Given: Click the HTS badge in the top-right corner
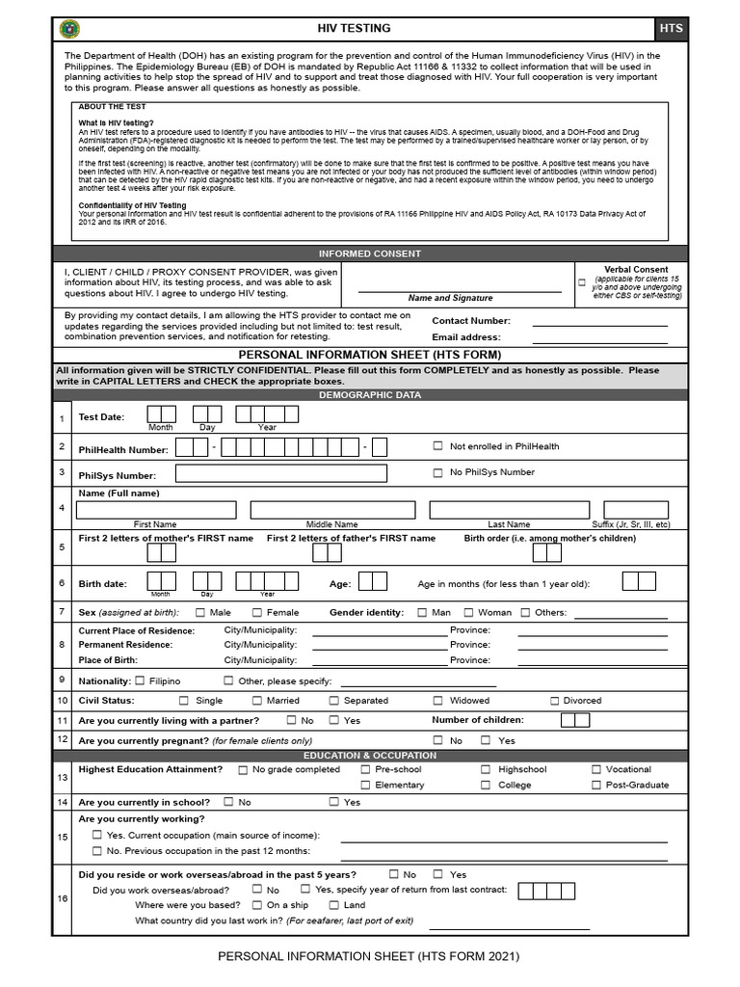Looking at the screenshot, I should [x=672, y=29].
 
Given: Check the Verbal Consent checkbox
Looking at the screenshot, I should [x=581, y=282].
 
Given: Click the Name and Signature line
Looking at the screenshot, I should [x=450, y=290].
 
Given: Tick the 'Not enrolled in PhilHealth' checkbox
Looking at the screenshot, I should [x=437, y=446].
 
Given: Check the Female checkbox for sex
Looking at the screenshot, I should [x=257, y=612].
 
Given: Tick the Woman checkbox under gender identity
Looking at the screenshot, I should [x=469, y=612].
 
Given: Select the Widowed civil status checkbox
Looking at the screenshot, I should [x=437, y=701].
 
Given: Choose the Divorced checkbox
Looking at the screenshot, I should [x=555, y=701].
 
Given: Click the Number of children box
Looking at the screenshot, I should [x=574, y=721].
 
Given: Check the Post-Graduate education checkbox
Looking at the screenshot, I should [x=595, y=785].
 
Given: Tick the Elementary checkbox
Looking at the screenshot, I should [x=365, y=785].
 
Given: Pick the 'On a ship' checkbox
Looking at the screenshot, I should [x=257, y=905].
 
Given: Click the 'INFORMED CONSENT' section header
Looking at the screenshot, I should [x=370, y=253].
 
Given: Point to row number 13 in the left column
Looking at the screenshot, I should [x=63, y=777].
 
